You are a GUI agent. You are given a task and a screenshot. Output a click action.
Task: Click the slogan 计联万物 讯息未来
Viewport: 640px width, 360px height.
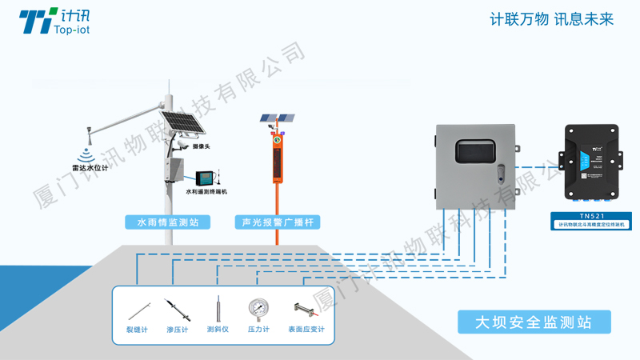[x=551, y=20]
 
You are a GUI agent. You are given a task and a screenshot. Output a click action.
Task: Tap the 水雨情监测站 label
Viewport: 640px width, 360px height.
[x=167, y=222]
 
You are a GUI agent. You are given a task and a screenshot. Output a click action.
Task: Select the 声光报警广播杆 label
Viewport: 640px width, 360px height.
[x=275, y=222]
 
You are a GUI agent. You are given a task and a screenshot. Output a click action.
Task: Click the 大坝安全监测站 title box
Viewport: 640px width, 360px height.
[x=534, y=322]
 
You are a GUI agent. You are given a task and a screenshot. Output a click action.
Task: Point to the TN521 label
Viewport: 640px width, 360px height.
[x=591, y=215]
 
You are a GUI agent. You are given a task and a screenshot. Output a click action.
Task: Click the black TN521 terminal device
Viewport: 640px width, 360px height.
[x=591, y=161]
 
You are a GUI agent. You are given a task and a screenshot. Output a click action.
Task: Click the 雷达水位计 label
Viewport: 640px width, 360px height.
[x=89, y=168]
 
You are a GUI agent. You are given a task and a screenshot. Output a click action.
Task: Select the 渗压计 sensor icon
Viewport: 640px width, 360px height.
[x=177, y=309]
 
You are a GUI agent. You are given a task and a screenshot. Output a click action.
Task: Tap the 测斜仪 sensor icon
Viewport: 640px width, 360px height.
[x=218, y=309]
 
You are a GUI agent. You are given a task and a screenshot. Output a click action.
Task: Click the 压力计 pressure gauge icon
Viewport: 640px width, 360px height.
[x=258, y=308]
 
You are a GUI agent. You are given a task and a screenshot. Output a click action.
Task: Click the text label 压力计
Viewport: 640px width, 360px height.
[x=258, y=330]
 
